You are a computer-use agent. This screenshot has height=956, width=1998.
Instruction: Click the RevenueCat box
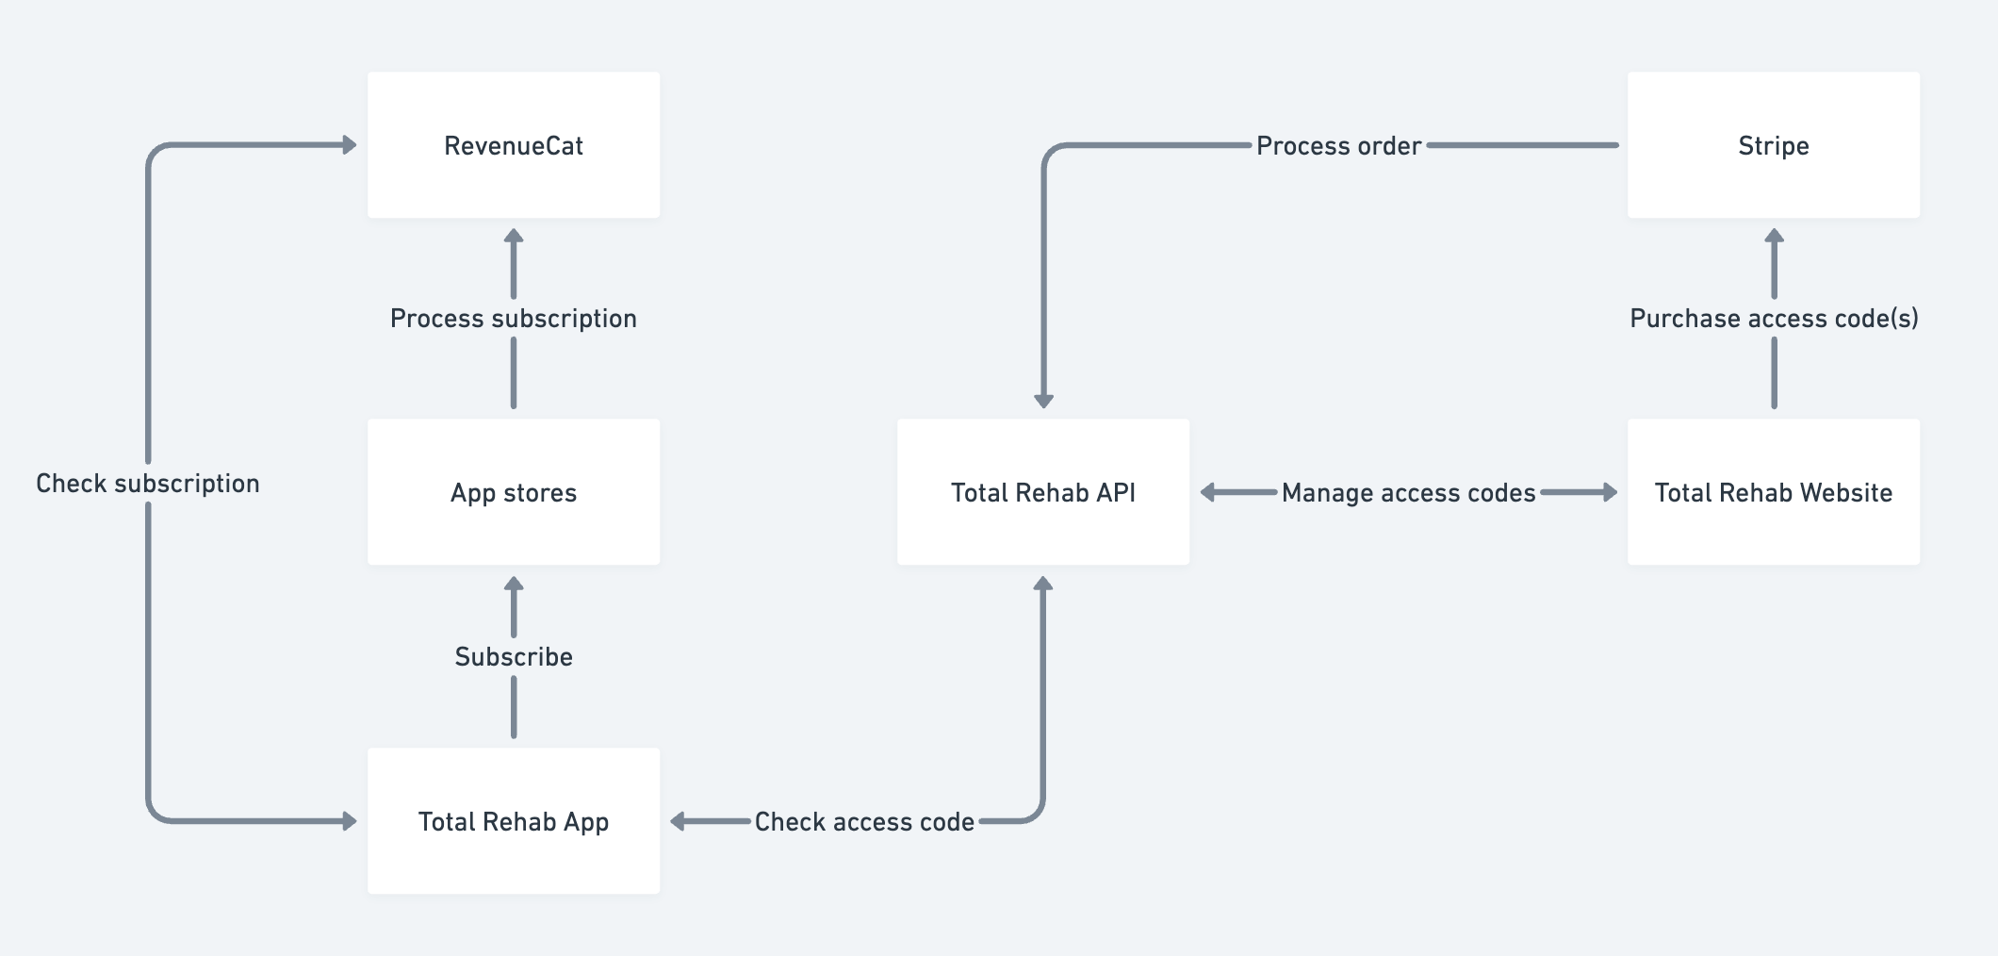tap(514, 145)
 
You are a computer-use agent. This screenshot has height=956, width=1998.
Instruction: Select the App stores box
tap(514, 492)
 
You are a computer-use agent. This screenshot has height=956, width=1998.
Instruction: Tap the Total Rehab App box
tap(514, 821)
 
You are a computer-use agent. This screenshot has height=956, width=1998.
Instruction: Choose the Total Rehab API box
tap(1043, 492)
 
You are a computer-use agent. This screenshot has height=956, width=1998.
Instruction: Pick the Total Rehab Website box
tap(1774, 492)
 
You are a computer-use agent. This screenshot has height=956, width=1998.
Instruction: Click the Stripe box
tap(1774, 145)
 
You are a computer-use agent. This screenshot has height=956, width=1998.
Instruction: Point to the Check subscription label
tap(148, 484)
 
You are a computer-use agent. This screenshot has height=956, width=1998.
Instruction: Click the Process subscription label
tap(514, 319)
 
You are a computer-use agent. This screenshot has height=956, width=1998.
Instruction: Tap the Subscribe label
tap(514, 657)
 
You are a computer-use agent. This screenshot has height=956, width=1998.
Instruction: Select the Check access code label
tap(864, 822)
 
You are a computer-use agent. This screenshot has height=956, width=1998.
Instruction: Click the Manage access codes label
tap(1408, 493)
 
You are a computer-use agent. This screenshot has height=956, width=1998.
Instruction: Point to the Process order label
tap(1338, 146)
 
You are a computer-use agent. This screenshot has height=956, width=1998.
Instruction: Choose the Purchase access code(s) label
tap(1774, 319)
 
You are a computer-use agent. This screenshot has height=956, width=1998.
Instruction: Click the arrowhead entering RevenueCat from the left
tap(350, 145)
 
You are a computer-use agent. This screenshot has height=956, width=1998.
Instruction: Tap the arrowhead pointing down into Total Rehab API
tap(1043, 401)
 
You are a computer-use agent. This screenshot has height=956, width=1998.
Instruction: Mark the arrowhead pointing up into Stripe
tap(1774, 237)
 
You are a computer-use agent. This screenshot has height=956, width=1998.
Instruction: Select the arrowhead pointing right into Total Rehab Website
tap(1610, 492)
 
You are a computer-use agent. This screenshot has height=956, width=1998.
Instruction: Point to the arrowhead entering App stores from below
tap(514, 584)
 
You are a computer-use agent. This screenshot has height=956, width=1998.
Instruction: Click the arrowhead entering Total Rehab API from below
tap(1043, 584)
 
